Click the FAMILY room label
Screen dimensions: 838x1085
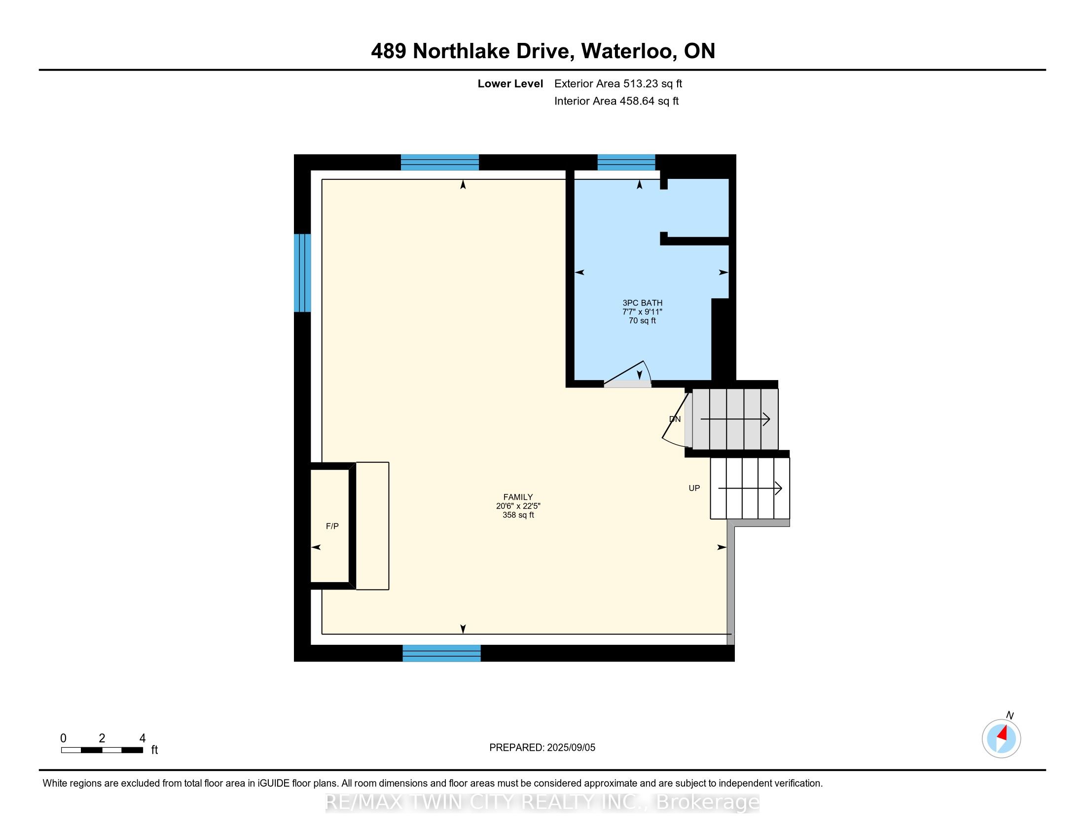(x=518, y=497)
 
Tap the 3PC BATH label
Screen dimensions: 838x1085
(x=642, y=303)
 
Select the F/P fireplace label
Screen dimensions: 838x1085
(x=332, y=526)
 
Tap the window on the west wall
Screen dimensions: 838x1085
(x=302, y=273)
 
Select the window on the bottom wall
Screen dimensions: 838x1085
(x=441, y=653)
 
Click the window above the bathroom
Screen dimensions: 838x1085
(x=626, y=162)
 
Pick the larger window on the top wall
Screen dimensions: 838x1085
(x=439, y=162)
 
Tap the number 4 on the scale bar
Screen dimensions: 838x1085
(x=143, y=738)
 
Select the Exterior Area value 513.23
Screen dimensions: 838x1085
(x=641, y=84)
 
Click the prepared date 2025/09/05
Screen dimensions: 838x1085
(x=571, y=748)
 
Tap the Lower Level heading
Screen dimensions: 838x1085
(x=510, y=84)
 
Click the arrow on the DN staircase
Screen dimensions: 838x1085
(x=735, y=419)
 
